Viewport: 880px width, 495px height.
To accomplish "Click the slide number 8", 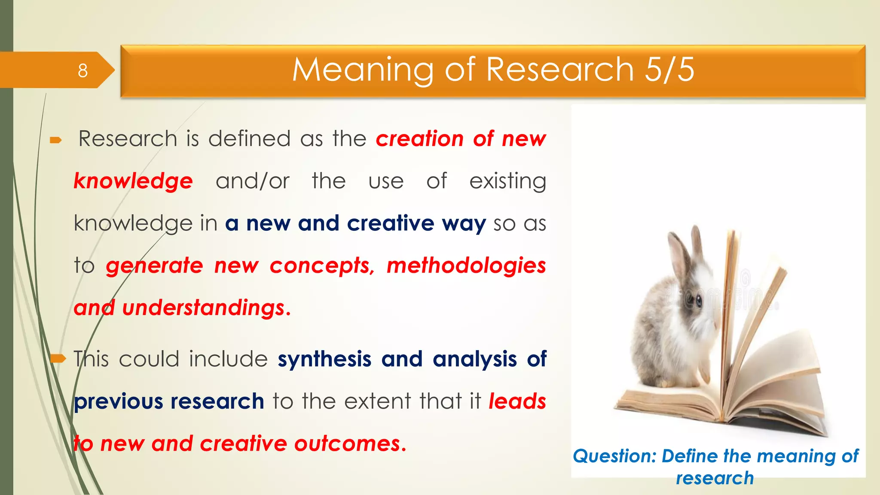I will (82, 70).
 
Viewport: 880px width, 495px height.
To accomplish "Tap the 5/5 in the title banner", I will (669, 70).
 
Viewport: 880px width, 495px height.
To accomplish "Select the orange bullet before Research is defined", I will (56, 140).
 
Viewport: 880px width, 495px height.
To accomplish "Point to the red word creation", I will (420, 139).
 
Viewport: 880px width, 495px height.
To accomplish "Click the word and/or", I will (253, 181).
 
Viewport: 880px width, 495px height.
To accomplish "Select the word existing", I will (507, 181).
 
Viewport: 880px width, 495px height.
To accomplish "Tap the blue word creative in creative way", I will (390, 223).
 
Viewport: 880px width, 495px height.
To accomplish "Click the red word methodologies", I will (466, 266).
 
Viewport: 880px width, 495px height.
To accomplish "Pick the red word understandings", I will (203, 308).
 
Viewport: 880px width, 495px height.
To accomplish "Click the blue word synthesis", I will (324, 359).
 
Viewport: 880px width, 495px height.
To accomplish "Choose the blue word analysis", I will (474, 359).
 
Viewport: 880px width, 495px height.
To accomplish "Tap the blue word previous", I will (118, 401).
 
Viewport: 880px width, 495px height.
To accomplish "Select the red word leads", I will (517, 401).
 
